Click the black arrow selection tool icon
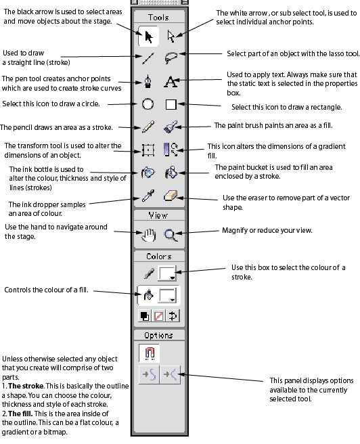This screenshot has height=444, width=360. (149, 37)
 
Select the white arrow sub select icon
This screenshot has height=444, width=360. (171, 37)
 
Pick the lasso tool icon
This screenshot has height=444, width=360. (171, 58)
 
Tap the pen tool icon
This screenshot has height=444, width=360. (148, 81)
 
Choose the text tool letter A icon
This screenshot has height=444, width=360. (171, 81)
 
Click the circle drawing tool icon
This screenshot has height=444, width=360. (148, 104)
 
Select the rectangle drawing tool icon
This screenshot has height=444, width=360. (171, 104)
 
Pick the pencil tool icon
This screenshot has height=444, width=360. (148, 127)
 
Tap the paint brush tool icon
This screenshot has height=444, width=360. (171, 127)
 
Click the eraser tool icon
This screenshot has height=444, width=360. (171, 196)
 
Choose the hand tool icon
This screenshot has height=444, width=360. (148, 235)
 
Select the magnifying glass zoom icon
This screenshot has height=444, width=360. (171, 235)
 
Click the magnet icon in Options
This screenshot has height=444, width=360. (150, 353)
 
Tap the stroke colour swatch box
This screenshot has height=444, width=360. (167, 273)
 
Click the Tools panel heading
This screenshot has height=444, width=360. (158, 18)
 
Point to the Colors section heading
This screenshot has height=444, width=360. (159, 257)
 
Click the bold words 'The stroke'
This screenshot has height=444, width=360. (26, 386)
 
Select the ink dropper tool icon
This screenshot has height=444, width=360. (148, 196)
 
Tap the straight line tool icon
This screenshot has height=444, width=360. (148, 58)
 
